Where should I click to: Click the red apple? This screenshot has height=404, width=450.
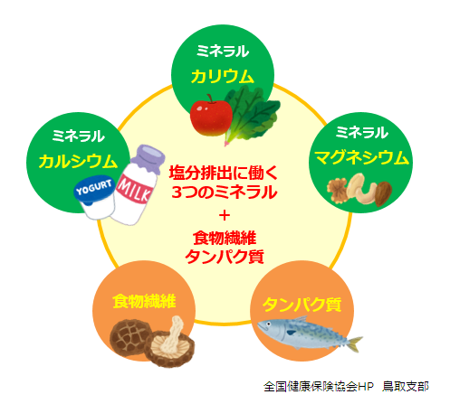(x=211, y=117)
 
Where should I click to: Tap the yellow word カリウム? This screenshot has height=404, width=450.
(x=223, y=76)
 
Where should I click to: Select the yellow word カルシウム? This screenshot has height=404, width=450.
(x=78, y=161)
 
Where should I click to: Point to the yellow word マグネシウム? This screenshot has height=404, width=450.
(x=361, y=157)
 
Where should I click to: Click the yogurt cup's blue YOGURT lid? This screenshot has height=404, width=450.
(x=95, y=188)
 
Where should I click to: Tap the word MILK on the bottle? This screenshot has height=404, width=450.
(x=135, y=191)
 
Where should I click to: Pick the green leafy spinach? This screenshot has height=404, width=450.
(x=252, y=115)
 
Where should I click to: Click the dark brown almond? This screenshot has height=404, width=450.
(x=383, y=193)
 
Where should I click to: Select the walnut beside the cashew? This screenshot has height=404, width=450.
(x=338, y=189)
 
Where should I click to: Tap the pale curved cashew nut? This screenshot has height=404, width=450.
(x=359, y=189)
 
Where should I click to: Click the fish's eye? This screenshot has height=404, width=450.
(x=268, y=324)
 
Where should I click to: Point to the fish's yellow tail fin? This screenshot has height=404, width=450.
(x=354, y=343)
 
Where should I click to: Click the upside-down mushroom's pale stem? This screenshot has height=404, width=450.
(x=173, y=334)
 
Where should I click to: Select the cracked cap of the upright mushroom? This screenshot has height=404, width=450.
(x=129, y=336)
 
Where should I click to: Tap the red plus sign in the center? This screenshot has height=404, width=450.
(x=225, y=215)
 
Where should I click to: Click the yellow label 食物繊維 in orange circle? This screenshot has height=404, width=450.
(x=144, y=301)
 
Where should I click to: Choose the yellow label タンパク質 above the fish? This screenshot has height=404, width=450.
(x=302, y=305)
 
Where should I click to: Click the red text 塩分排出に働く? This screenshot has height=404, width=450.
(x=224, y=173)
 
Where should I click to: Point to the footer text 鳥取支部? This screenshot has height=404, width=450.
(x=406, y=387)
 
